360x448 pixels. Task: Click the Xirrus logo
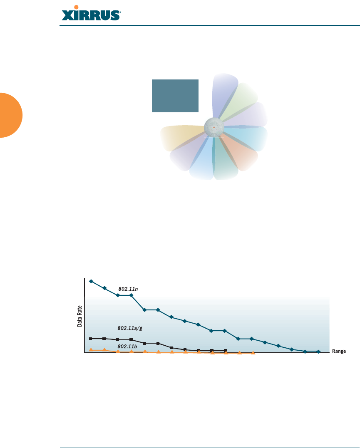pos(91,13)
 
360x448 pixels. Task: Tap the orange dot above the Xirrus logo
pos(76,7)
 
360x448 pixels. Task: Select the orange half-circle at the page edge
pos(11,115)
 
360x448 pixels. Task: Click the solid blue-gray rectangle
pos(175,96)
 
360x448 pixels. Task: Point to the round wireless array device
pos(214,127)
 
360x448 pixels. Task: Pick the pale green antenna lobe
pos(240,100)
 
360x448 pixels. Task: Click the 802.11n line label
pos(128,289)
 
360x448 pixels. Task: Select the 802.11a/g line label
pos(130,328)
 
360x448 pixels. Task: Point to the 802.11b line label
pos(127,346)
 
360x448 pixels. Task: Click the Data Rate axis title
pos(79,316)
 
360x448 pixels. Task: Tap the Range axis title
pos(339,351)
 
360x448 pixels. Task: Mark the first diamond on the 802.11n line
pos(91,282)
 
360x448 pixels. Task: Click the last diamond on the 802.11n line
pos(318,352)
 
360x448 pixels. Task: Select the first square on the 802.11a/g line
pos(91,339)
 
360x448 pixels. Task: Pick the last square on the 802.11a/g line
pos(225,350)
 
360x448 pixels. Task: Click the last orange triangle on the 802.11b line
pos(253,353)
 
